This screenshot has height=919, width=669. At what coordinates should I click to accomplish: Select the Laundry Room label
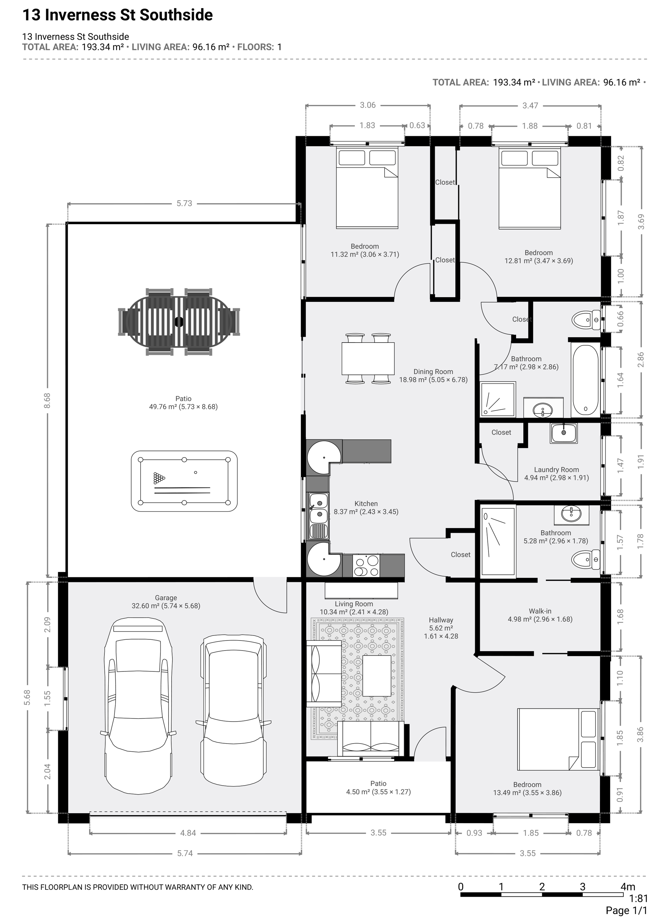[556, 470]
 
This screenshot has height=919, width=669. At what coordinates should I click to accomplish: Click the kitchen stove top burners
[366, 565]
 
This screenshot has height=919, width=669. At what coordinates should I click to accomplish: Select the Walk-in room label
[540, 611]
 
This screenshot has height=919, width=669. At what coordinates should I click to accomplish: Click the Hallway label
[441, 620]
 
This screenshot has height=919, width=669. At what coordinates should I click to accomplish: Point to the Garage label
[166, 598]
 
